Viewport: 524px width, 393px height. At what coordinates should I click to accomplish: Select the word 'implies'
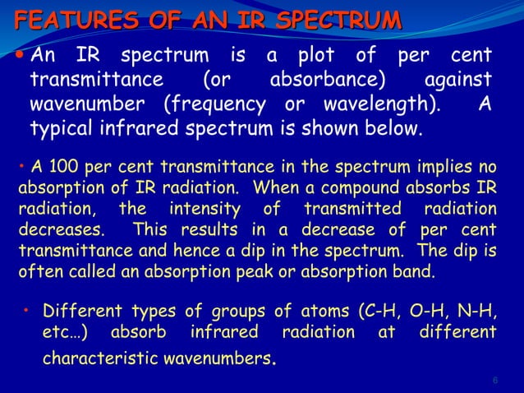tap(444, 169)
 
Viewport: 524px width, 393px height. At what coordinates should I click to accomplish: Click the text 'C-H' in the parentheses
tap(379, 312)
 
